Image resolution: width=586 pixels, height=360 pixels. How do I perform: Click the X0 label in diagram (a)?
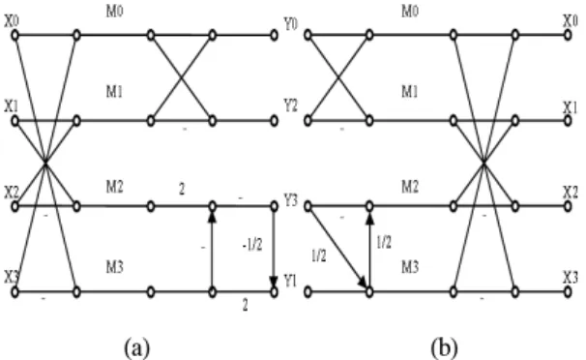click(12, 21)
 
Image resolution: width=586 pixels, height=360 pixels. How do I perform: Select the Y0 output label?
click(290, 24)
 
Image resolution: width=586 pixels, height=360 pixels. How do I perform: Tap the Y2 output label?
click(290, 105)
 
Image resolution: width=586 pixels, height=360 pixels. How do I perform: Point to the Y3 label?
click(290, 200)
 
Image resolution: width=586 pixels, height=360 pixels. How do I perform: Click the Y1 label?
click(290, 281)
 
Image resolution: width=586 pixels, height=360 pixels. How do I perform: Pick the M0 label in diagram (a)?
click(114, 12)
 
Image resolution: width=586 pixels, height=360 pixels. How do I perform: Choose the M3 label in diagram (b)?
click(410, 267)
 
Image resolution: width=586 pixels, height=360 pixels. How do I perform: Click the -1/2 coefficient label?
click(251, 245)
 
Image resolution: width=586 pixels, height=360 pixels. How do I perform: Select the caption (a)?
click(137, 347)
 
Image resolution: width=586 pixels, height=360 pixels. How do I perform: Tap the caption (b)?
click(445, 347)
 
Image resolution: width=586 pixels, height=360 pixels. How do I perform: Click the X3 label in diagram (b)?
click(571, 277)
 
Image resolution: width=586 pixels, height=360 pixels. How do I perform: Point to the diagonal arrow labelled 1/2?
click(337, 247)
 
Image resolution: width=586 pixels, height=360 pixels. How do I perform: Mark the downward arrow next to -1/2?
click(274, 247)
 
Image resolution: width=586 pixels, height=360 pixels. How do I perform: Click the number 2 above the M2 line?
click(182, 189)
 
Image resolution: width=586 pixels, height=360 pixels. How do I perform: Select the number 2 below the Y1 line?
click(245, 306)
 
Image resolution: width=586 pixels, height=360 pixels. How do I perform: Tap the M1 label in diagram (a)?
click(114, 91)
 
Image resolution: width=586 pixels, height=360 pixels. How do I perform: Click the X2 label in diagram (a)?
click(12, 193)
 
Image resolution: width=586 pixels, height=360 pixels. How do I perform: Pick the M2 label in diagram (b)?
click(410, 186)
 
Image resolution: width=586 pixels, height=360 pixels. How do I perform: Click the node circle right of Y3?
click(308, 206)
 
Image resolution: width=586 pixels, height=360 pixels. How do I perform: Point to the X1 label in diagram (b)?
click(571, 107)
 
